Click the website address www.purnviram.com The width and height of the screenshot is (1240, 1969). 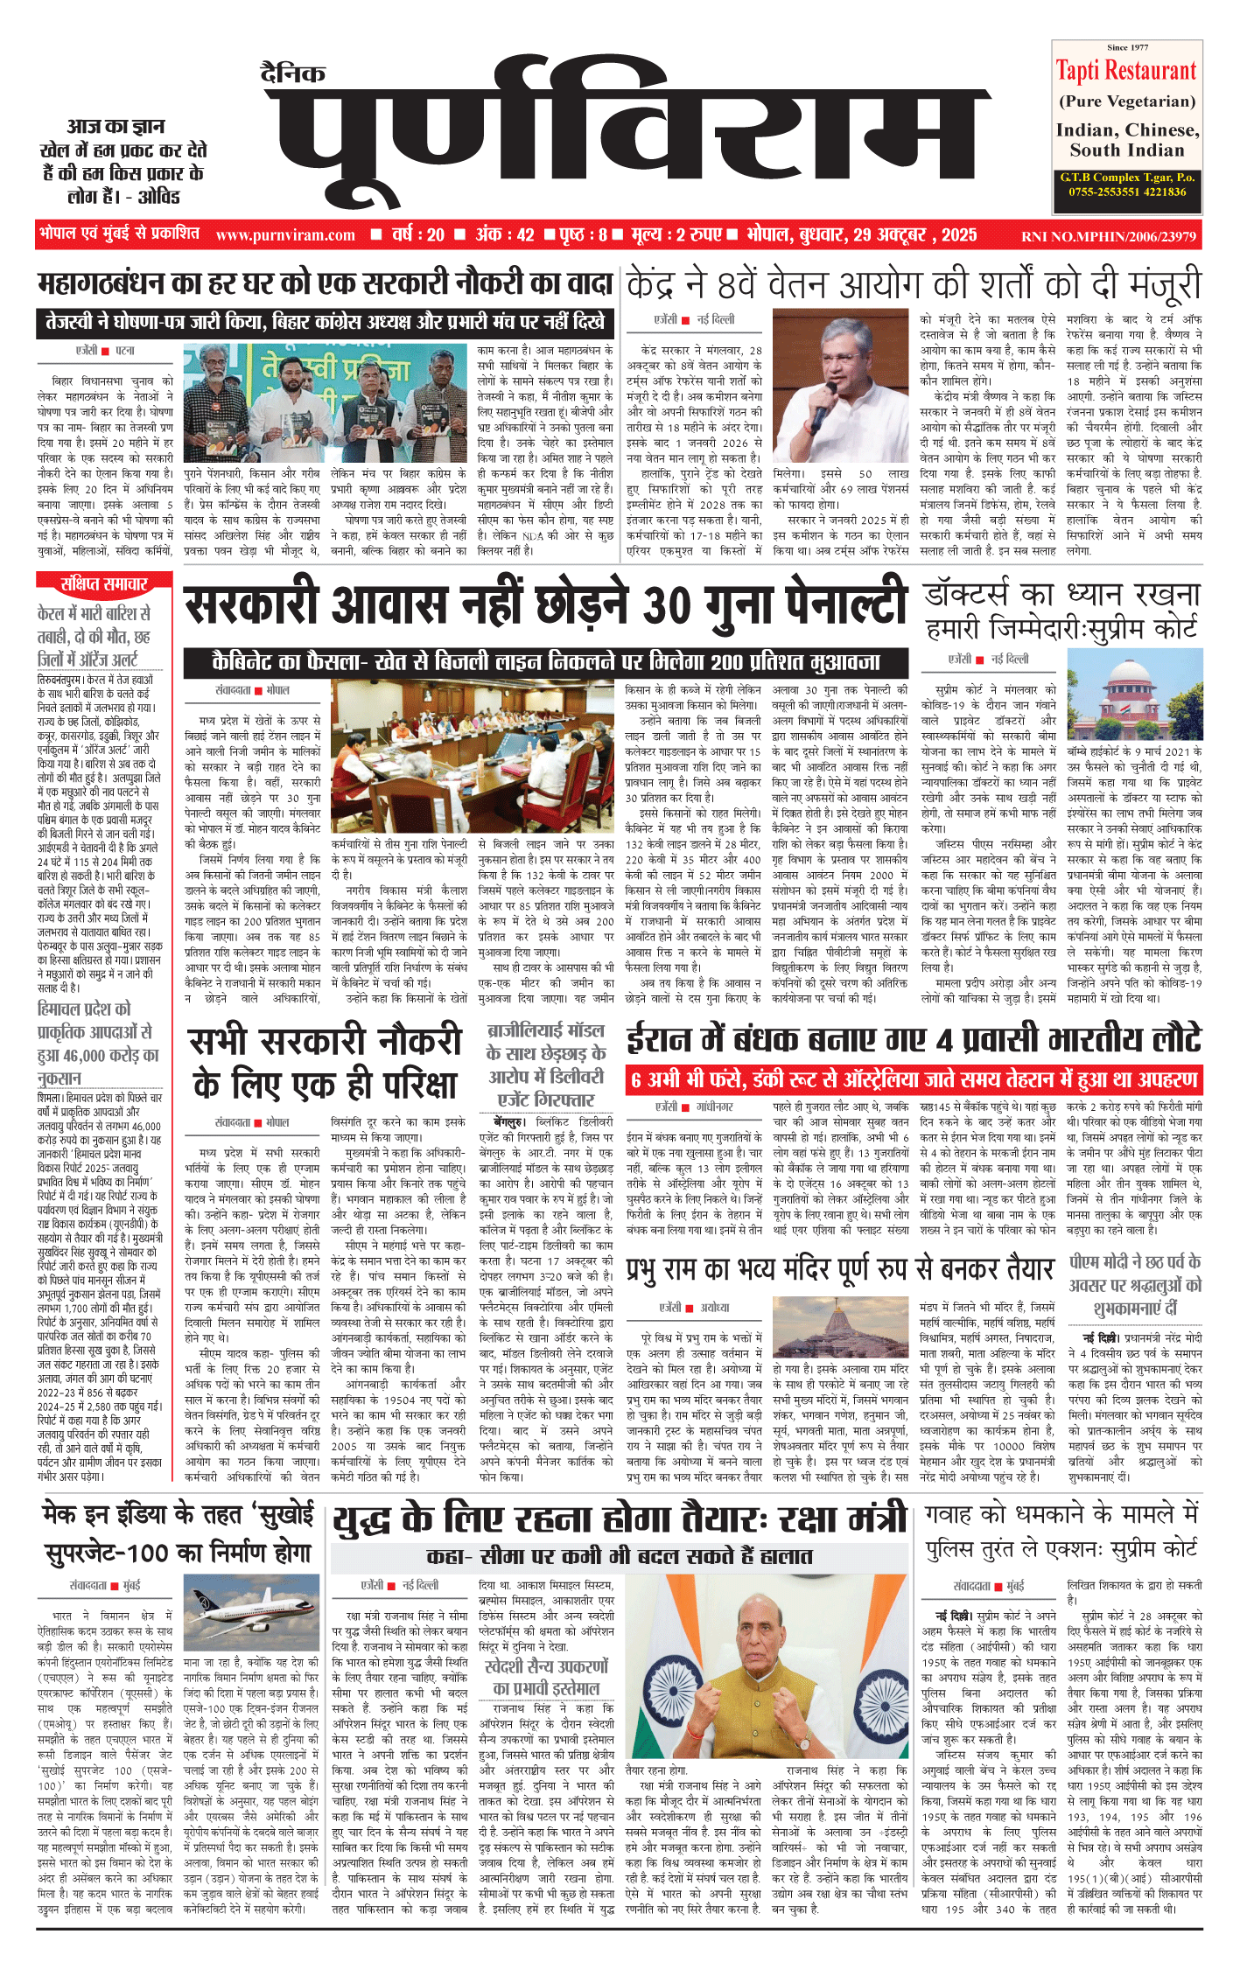pos(285,235)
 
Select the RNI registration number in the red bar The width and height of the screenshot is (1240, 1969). pos(1108,236)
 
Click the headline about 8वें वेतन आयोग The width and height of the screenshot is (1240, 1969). pos(914,286)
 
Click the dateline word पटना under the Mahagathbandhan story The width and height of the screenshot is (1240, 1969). pos(125,351)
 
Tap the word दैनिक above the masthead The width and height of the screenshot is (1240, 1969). pos(293,73)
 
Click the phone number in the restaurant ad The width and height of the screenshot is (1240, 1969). pos(1127,192)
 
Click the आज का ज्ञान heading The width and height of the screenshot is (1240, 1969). pos(121,127)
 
